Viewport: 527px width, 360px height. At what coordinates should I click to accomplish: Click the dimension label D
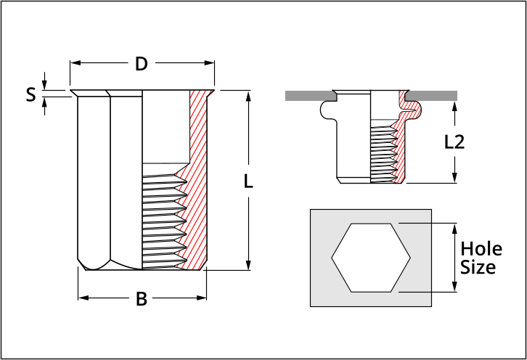pos(142,64)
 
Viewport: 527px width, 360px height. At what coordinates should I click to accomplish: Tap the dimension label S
pos(30,94)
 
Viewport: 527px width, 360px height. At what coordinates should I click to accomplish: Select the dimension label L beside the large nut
pos(248,182)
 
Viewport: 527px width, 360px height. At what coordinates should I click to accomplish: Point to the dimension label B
pos(142,298)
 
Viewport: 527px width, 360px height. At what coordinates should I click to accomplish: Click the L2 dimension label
pos(454,142)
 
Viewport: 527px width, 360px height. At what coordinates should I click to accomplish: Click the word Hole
pos(481,249)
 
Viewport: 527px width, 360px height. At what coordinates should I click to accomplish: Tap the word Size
pos(478,267)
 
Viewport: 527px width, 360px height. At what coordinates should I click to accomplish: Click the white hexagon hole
pos(371,258)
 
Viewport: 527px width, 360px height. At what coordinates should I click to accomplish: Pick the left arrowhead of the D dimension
pos(73,64)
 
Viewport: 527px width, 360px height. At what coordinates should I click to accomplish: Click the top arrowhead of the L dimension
pos(248,94)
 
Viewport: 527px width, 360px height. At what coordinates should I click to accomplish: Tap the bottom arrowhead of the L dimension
pos(248,266)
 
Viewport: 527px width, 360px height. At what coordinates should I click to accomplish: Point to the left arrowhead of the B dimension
pos(81,298)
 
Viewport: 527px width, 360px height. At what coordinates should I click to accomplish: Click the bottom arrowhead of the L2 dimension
pos(454,179)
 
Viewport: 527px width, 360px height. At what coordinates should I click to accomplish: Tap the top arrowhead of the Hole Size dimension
pos(455,227)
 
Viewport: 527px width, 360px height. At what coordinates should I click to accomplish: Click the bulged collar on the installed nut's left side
pos(327,110)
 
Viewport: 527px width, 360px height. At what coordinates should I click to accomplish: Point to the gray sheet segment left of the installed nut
pos(309,95)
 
